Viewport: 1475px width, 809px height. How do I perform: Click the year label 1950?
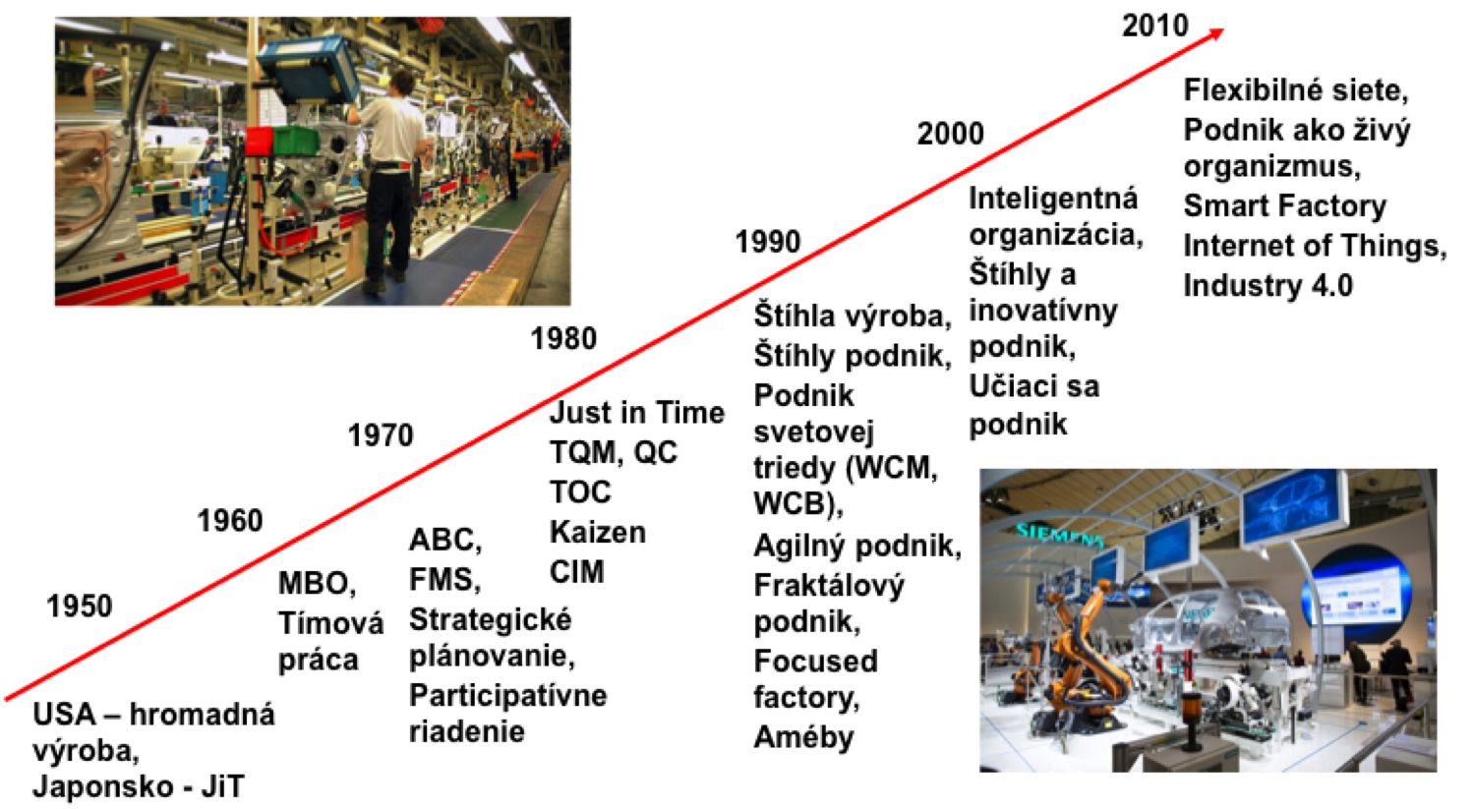pos(80,606)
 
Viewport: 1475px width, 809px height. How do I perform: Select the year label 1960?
pos(230,521)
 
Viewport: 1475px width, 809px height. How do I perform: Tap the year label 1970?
pos(381,435)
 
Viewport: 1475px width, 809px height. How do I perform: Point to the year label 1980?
pos(563,338)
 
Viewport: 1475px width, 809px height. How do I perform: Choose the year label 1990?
pos(768,242)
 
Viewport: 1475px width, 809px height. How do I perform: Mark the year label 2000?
pos(950,134)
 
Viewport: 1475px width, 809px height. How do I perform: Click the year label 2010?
pos(1155,26)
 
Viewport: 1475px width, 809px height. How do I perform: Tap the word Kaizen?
pos(597,532)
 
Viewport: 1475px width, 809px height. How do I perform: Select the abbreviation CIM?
pos(577,571)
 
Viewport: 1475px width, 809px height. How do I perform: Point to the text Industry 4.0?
pos(1268,286)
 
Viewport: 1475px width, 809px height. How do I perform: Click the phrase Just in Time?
pos(637,413)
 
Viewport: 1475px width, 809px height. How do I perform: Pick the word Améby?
pos(803,737)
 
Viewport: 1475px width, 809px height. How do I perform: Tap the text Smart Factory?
pos(1284,206)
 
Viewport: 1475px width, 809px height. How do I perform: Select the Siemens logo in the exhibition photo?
pos(1059,535)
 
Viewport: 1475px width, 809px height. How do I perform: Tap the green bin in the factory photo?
pos(295,141)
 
